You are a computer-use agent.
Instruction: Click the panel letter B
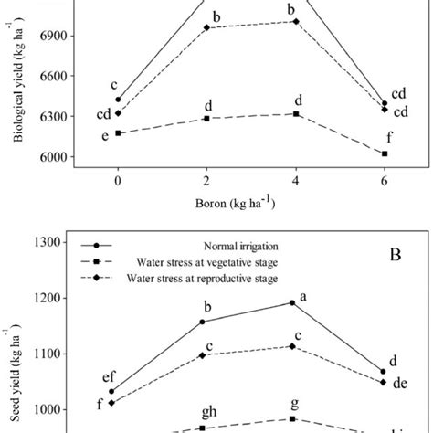tap(395, 256)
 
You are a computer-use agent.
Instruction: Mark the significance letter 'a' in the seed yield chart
tap(302, 295)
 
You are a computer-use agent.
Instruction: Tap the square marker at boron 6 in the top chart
tap(385, 154)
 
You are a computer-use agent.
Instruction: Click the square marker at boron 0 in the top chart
tap(118, 133)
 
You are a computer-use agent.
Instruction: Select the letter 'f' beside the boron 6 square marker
tap(390, 139)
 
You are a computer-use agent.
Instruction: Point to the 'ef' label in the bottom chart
tap(108, 375)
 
